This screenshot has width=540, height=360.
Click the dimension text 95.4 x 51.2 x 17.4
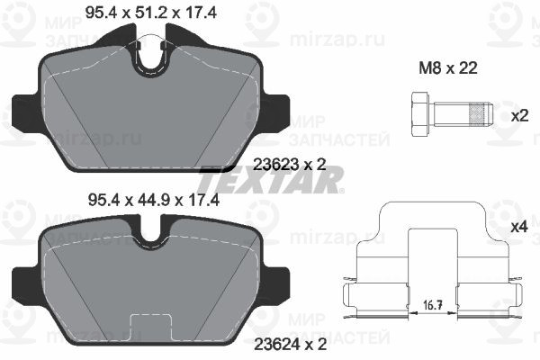[x=151, y=13]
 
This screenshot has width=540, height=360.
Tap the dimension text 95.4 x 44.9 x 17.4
[x=154, y=200]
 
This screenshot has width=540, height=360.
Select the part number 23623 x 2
[x=289, y=165]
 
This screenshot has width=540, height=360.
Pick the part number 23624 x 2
[x=290, y=345]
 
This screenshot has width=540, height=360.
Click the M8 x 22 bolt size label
[x=448, y=68]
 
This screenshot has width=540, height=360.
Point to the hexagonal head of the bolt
[x=419, y=114]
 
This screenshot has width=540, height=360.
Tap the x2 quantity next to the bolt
[x=519, y=116]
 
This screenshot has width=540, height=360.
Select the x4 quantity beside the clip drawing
[x=519, y=227]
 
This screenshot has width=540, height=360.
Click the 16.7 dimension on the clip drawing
[x=433, y=305]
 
